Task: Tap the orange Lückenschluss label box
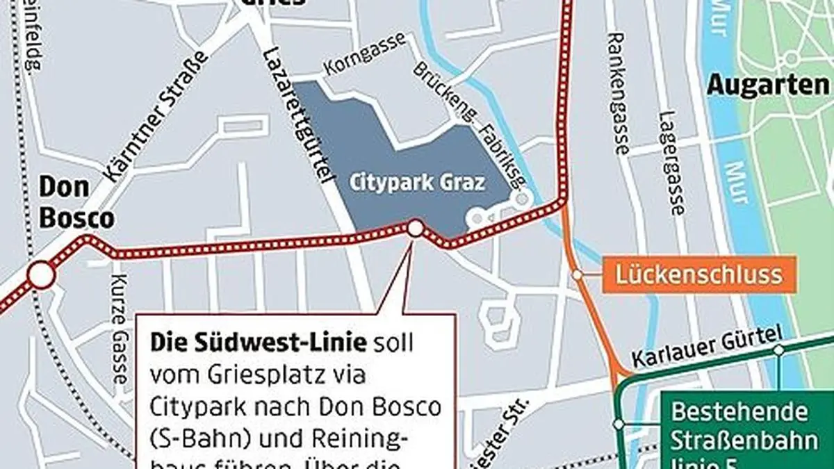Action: click(x=698, y=274)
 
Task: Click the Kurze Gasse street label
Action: click(x=119, y=338)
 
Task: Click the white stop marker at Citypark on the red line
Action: click(x=415, y=228)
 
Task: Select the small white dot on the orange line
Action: click(x=577, y=275)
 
